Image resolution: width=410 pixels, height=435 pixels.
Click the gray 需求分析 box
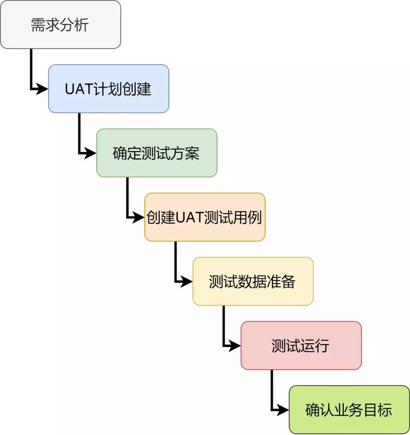click(x=60, y=24)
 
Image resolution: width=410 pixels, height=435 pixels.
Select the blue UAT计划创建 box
click(x=109, y=89)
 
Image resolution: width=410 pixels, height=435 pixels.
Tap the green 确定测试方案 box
click(x=157, y=153)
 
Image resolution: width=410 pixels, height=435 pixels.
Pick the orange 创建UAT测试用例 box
click(x=205, y=217)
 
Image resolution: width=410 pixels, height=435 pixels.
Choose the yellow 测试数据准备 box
click(x=253, y=281)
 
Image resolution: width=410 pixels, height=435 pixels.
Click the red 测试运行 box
click(x=301, y=345)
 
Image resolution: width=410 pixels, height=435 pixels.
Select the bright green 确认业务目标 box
click(x=349, y=410)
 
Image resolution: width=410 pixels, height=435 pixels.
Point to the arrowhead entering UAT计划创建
click(x=43, y=89)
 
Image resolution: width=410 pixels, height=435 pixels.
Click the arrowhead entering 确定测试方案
click(x=91, y=153)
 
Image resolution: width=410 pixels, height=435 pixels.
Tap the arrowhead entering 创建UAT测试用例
click(x=139, y=217)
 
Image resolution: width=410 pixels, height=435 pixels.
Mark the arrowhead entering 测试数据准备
click(x=187, y=281)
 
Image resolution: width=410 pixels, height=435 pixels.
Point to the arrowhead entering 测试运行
click(x=235, y=345)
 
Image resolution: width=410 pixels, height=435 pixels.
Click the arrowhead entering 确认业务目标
click(x=283, y=410)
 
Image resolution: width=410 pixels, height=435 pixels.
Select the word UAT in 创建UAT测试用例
click(x=189, y=217)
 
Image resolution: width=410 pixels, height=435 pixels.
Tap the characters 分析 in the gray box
click(x=75, y=25)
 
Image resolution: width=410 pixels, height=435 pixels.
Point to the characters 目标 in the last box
click(x=378, y=410)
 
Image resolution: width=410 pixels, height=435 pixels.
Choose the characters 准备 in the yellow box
click(x=282, y=282)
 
